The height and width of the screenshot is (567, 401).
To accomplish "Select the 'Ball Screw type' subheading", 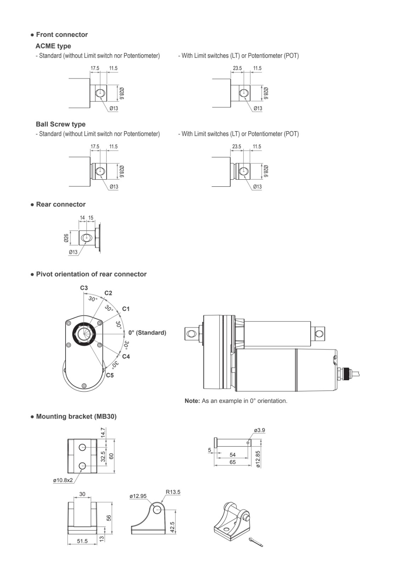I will coord(60,124).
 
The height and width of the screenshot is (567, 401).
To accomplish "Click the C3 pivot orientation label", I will coord(84,288).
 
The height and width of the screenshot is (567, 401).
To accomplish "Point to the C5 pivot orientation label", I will coord(110,375).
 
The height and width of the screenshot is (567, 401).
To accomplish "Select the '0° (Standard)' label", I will coord(147,332).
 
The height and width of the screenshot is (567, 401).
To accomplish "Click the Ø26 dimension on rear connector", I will coord(66,237).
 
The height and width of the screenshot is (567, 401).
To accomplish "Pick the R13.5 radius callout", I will coord(173,492).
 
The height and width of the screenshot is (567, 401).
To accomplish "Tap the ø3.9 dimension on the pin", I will coord(259,430).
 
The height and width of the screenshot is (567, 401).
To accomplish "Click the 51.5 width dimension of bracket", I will coord(82,541).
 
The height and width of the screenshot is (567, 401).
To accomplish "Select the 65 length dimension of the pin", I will coord(232,462).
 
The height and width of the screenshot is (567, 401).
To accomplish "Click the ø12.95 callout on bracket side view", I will coord(138,496).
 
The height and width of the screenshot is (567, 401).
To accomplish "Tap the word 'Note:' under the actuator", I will coord(192,401).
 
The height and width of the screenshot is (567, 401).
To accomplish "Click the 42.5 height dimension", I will coord(172,527).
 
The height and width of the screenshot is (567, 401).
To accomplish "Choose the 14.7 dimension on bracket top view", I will coord(103,433).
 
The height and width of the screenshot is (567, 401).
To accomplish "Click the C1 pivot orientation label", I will coord(126,309).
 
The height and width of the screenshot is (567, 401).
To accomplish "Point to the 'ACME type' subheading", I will coord(53,46).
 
